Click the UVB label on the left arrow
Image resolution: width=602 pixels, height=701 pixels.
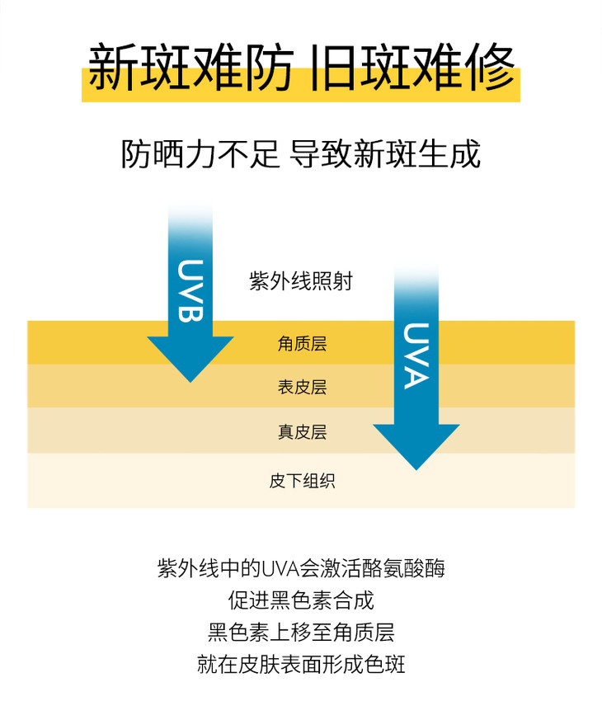[190, 290]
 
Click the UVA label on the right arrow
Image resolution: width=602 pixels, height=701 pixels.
[416, 356]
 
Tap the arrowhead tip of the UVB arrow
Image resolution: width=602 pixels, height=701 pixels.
[190, 382]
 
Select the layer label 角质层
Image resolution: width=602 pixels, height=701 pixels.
[302, 344]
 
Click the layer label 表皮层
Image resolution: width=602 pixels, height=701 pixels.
[302, 387]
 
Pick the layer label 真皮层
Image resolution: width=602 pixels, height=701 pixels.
[302, 432]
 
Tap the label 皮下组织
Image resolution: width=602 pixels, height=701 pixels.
[302, 481]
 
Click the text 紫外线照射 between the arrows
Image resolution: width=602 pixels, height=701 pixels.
[301, 281]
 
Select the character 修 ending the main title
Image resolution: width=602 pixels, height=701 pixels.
[490, 67]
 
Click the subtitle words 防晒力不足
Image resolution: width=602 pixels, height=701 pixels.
[200, 153]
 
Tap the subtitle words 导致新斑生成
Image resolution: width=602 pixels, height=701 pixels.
[385, 153]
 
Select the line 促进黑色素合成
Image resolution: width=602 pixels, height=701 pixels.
[301, 600]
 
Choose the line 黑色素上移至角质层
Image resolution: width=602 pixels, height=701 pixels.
[301, 633]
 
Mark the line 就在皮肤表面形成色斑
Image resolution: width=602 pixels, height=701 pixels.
[301, 665]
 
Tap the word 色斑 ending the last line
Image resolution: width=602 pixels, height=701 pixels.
[384, 665]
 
